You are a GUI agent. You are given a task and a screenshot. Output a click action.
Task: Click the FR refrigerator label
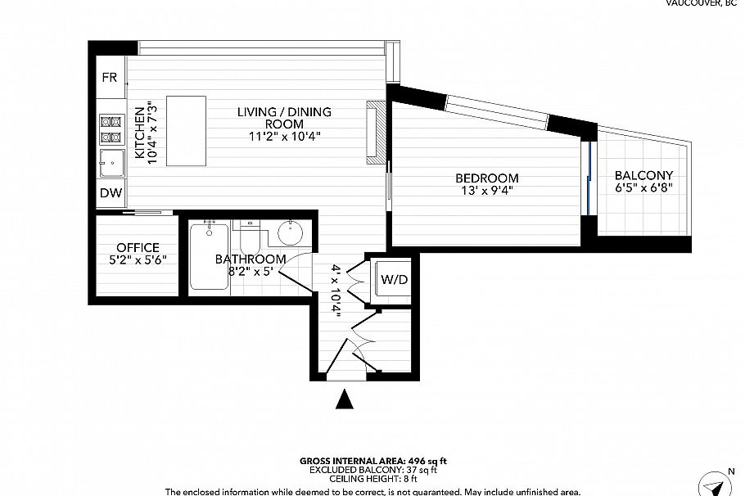(109, 78)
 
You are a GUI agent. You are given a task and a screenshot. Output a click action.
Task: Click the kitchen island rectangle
(186, 131)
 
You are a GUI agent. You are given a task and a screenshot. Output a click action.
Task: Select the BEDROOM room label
(487, 178)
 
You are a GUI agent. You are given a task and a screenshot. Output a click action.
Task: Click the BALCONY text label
(643, 175)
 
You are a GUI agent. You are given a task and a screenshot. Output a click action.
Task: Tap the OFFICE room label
(138, 247)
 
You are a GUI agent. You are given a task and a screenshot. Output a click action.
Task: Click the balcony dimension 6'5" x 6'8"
(643, 188)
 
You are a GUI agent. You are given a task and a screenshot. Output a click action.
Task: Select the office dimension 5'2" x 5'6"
(138, 259)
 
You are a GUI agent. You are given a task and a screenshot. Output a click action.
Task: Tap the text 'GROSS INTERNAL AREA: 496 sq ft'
(372, 462)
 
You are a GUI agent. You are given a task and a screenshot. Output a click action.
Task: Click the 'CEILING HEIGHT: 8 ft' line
(372, 480)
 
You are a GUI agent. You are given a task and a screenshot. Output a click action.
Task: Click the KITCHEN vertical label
(140, 133)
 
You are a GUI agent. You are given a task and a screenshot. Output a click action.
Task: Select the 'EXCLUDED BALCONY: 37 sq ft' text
(372, 471)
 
